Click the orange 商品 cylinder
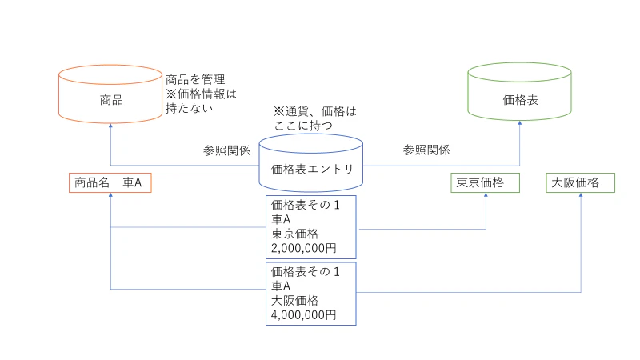point(110,94)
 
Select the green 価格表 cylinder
point(519,92)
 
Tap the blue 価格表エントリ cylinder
point(311,163)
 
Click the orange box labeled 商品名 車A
point(110,182)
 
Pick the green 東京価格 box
point(486,182)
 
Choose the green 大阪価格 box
point(581,182)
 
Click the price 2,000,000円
point(304,248)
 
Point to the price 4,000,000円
point(304,315)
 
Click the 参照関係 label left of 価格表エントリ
point(227,150)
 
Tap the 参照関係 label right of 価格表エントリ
point(426,150)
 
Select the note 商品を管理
point(195,79)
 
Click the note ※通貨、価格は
point(314,111)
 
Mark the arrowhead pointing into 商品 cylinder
point(110,126)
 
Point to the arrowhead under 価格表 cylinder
point(519,123)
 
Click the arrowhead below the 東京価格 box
point(486,195)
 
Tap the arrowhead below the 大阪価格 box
point(581,195)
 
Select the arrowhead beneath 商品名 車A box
point(110,195)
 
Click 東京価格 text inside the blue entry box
point(294,234)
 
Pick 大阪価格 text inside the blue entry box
point(294,301)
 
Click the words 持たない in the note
point(189,108)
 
